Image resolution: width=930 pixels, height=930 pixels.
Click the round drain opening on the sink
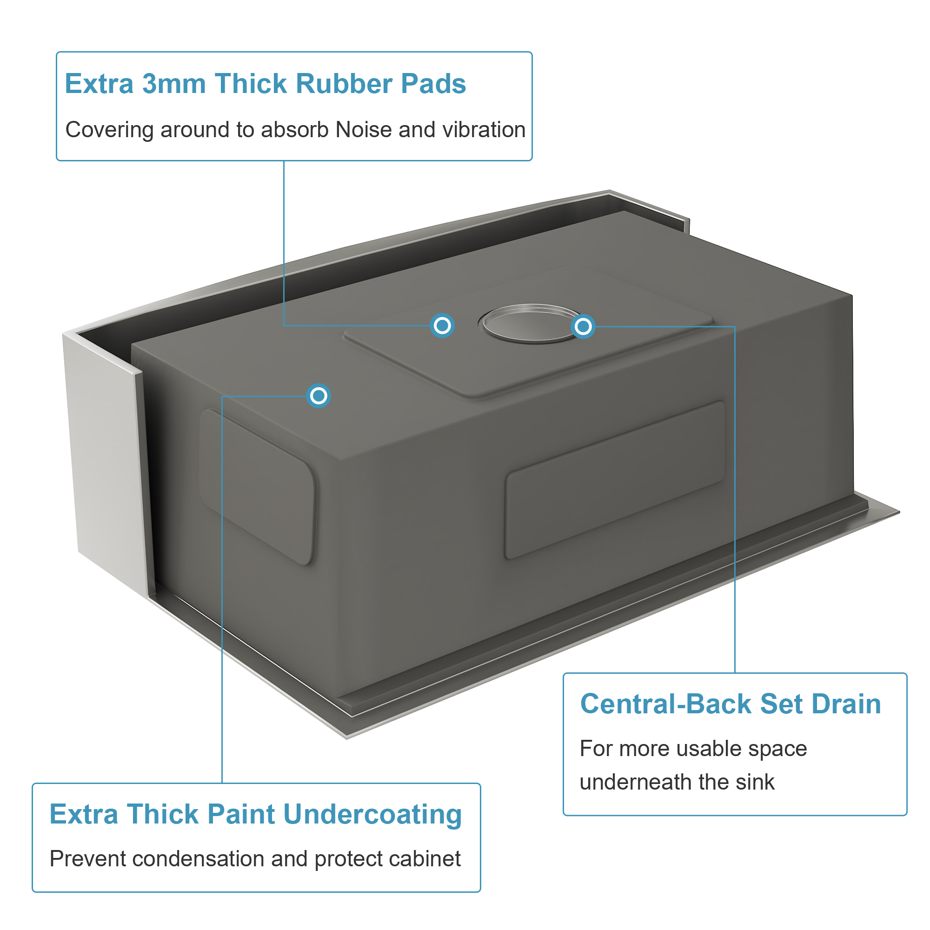530,324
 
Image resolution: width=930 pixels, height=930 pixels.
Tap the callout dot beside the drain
583,327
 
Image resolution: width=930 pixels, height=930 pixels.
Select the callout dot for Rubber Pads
442,326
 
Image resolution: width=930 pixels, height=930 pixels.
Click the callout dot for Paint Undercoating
318,396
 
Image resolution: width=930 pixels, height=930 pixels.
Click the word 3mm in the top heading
174,84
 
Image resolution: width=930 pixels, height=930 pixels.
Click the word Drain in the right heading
846,704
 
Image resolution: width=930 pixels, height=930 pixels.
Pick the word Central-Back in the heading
665,704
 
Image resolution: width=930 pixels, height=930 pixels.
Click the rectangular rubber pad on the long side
615,480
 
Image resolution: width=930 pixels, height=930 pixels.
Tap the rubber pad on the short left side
258,486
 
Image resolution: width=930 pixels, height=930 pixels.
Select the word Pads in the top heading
433,84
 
